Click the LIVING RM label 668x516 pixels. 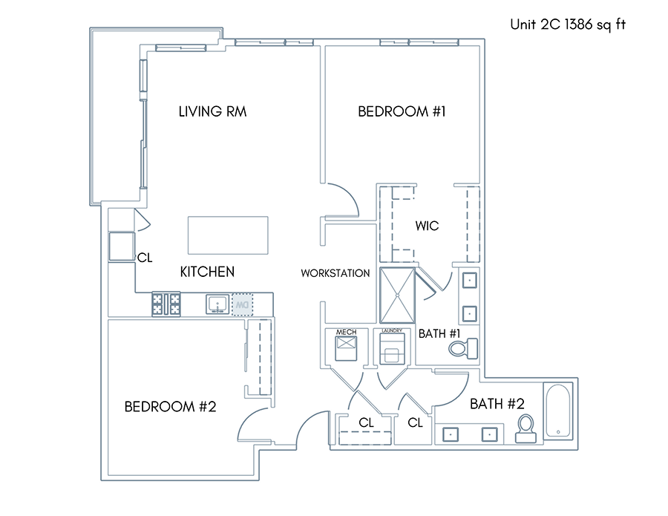(x=212, y=111)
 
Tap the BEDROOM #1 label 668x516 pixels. (x=402, y=111)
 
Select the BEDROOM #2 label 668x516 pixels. (x=171, y=407)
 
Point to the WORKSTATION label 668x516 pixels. (x=335, y=273)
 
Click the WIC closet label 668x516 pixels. (x=427, y=226)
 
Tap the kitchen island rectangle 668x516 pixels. (x=228, y=235)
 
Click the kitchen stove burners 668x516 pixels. (x=166, y=304)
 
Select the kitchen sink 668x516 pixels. (x=217, y=304)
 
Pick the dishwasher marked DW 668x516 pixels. (x=242, y=304)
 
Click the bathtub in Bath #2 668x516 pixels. (x=558, y=411)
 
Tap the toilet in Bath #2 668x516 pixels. (x=525, y=428)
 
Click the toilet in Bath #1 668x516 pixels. (x=463, y=348)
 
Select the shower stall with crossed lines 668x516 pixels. (x=397, y=295)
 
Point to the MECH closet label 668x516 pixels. (x=347, y=332)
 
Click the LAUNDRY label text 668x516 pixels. (x=392, y=330)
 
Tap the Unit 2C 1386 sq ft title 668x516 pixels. (x=568, y=25)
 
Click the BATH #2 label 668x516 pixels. (x=497, y=403)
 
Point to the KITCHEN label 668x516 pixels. (x=207, y=272)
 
